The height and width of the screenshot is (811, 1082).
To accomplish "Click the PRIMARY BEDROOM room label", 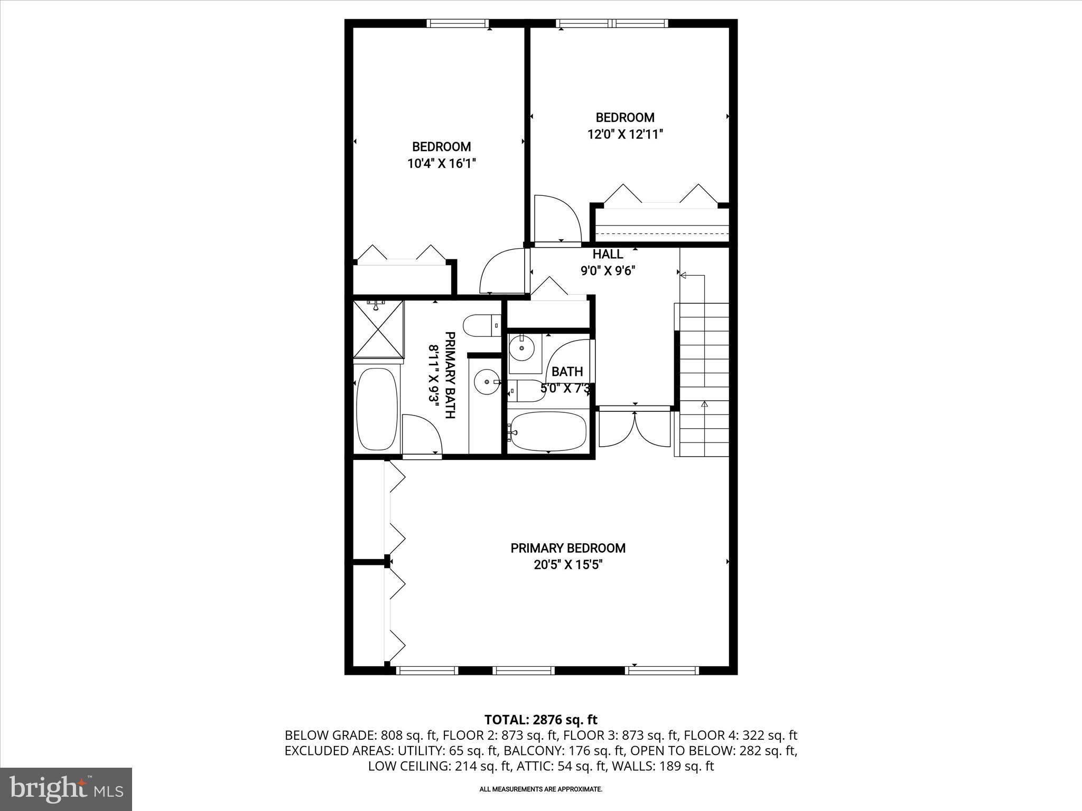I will [568, 548].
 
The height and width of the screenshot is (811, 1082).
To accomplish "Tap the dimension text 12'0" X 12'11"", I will [625, 135].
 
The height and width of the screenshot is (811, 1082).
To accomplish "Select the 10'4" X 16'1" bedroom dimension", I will [442, 164].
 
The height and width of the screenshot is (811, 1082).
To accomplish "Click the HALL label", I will [608, 254].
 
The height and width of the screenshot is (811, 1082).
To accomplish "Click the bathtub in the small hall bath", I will [549, 431].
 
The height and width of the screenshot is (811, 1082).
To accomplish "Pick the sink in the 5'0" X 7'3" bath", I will [522, 348].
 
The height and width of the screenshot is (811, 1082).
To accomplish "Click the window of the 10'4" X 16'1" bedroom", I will [458, 23].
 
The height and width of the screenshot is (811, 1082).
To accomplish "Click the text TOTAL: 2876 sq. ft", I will [540, 720].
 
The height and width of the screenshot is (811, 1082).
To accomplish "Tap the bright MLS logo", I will [66, 789].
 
